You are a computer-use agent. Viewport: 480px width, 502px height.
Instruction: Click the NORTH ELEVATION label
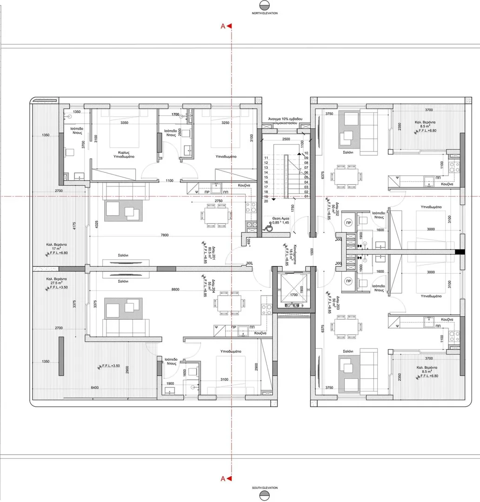(265, 13)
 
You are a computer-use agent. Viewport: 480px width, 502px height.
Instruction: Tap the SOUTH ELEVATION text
(265, 488)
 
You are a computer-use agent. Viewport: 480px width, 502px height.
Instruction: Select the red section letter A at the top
(223, 26)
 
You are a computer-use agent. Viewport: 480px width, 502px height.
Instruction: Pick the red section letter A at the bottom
(223, 478)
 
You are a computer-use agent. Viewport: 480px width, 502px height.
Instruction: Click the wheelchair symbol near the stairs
(268, 228)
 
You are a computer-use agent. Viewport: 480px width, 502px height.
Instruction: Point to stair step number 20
(266, 201)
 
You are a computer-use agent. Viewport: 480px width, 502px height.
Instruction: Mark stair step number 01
(306, 197)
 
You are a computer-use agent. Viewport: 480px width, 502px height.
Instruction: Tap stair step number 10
(306, 153)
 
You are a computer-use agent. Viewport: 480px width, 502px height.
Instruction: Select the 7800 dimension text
(164, 235)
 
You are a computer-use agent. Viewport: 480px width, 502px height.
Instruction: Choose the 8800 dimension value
(175, 290)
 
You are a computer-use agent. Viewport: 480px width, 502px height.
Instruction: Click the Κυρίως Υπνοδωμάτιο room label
(123, 154)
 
